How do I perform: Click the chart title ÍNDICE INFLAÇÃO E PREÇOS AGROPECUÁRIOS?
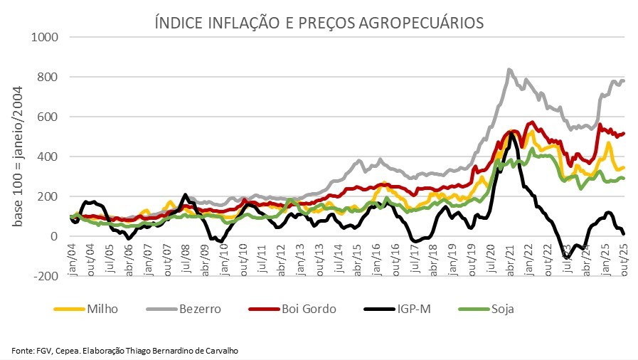[x=319, y=23]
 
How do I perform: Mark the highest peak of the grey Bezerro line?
[x=509, y=70]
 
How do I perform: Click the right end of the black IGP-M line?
[x=624, y=233]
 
